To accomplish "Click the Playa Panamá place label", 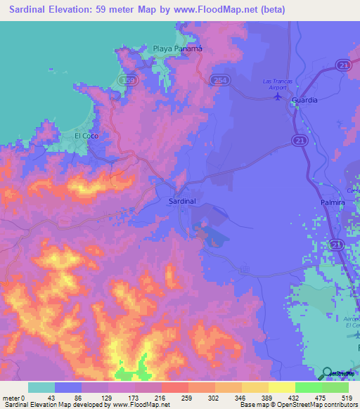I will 178,48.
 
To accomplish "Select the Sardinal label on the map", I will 182,201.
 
